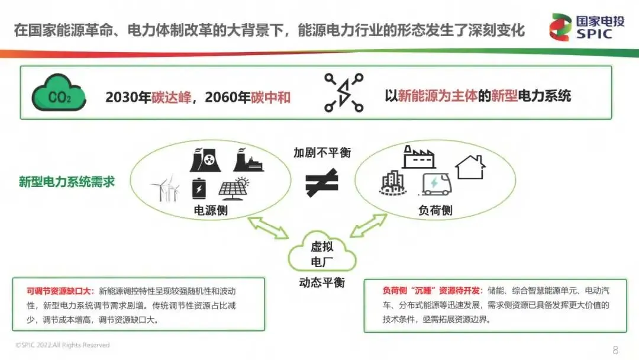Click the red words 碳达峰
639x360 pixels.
tap(175, 97)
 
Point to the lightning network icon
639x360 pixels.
tap(344, 93)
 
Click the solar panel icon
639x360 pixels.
tap(235, 188)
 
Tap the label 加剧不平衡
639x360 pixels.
tap(322, 153)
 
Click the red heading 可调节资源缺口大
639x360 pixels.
tap(60, 291)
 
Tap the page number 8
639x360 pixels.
tap(615, 350)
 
